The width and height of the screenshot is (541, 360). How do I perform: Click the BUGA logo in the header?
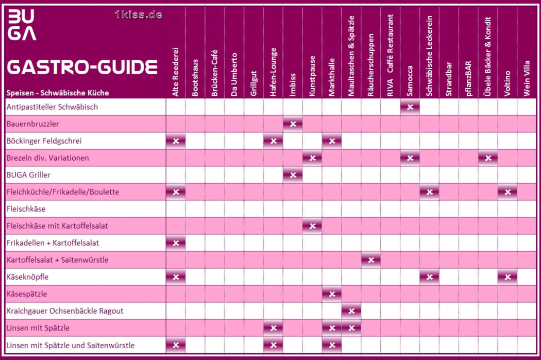point(22,25)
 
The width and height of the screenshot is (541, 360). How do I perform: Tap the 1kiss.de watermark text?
point(139,15)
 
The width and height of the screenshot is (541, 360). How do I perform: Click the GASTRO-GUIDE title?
point(82,67)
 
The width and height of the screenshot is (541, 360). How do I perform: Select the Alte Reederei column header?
point(175,72)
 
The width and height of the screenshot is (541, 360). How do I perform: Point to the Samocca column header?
point(410,81)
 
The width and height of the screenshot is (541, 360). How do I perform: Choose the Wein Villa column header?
point(527,79)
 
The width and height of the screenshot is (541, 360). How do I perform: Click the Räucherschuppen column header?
point(370,65)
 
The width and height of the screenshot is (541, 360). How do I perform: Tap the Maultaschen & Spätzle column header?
point(351,56)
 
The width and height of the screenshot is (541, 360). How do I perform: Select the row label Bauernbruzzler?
point(33,124)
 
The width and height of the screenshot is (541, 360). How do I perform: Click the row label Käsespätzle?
point(27,294)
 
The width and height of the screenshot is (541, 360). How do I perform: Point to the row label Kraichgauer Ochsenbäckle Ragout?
point(65,311)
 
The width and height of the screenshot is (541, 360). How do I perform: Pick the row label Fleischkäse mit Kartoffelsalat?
point(57,226)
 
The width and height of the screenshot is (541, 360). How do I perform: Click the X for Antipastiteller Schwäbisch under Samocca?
point(410,107)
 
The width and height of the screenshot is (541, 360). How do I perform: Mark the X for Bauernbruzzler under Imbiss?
point(293,124)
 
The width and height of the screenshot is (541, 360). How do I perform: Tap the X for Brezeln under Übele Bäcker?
point(488,158)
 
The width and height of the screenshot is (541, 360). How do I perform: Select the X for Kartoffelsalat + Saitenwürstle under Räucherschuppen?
point(371,260)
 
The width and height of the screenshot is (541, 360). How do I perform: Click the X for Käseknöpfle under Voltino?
point(508,277)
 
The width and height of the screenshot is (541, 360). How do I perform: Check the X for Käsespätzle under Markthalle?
point(332,294)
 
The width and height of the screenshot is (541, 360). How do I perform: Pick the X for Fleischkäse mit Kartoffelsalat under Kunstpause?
point(312,226)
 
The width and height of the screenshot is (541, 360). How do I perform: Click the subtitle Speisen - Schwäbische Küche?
point(58,93)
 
